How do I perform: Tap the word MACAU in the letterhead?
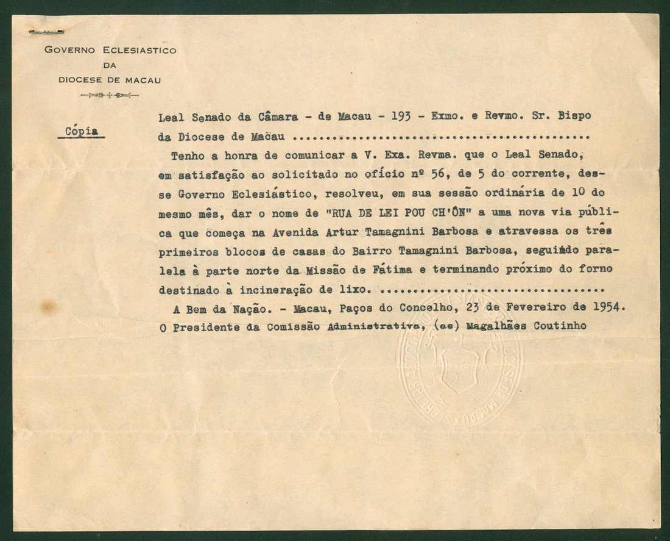click(x=141, y=78)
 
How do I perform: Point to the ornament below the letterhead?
click(x=110, y=95)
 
